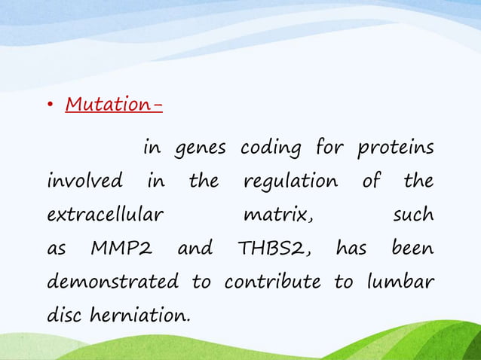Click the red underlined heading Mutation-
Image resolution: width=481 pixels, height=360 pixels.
114,103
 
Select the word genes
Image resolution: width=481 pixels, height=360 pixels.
200,148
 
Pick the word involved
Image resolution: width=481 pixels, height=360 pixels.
85,182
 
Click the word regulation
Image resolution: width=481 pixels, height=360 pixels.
290,182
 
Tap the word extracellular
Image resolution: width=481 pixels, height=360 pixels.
105,215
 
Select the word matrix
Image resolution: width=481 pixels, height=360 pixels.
277,215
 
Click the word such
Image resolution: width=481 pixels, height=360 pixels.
413,215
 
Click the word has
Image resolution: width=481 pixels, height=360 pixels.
351,249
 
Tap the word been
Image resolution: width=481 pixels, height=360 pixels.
412,249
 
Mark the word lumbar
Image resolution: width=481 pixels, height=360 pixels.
400,282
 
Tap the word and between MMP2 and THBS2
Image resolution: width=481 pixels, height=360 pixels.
195,249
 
